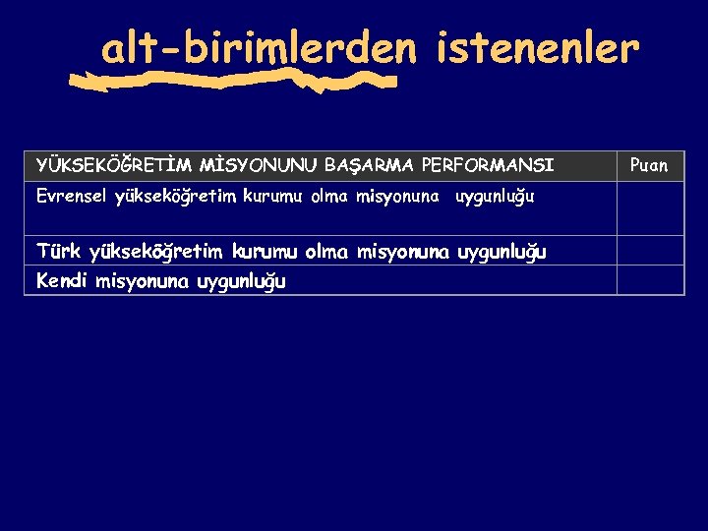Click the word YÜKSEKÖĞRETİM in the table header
[117, 165]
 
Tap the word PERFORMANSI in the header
[488, 165]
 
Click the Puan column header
[649, 165]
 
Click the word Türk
[59, 252]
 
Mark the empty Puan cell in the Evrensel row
[649, 207]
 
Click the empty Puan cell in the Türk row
[649, 251]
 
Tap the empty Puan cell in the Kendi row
[649, 280]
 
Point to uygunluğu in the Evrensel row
[495, 197]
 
